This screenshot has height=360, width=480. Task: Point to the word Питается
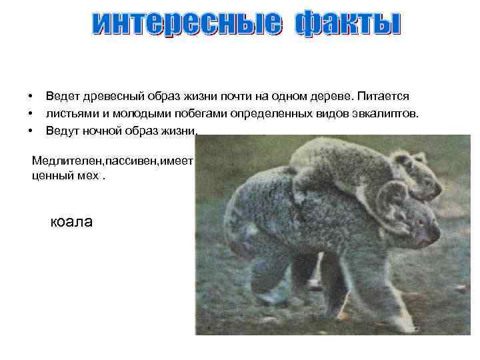point(385,97)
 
